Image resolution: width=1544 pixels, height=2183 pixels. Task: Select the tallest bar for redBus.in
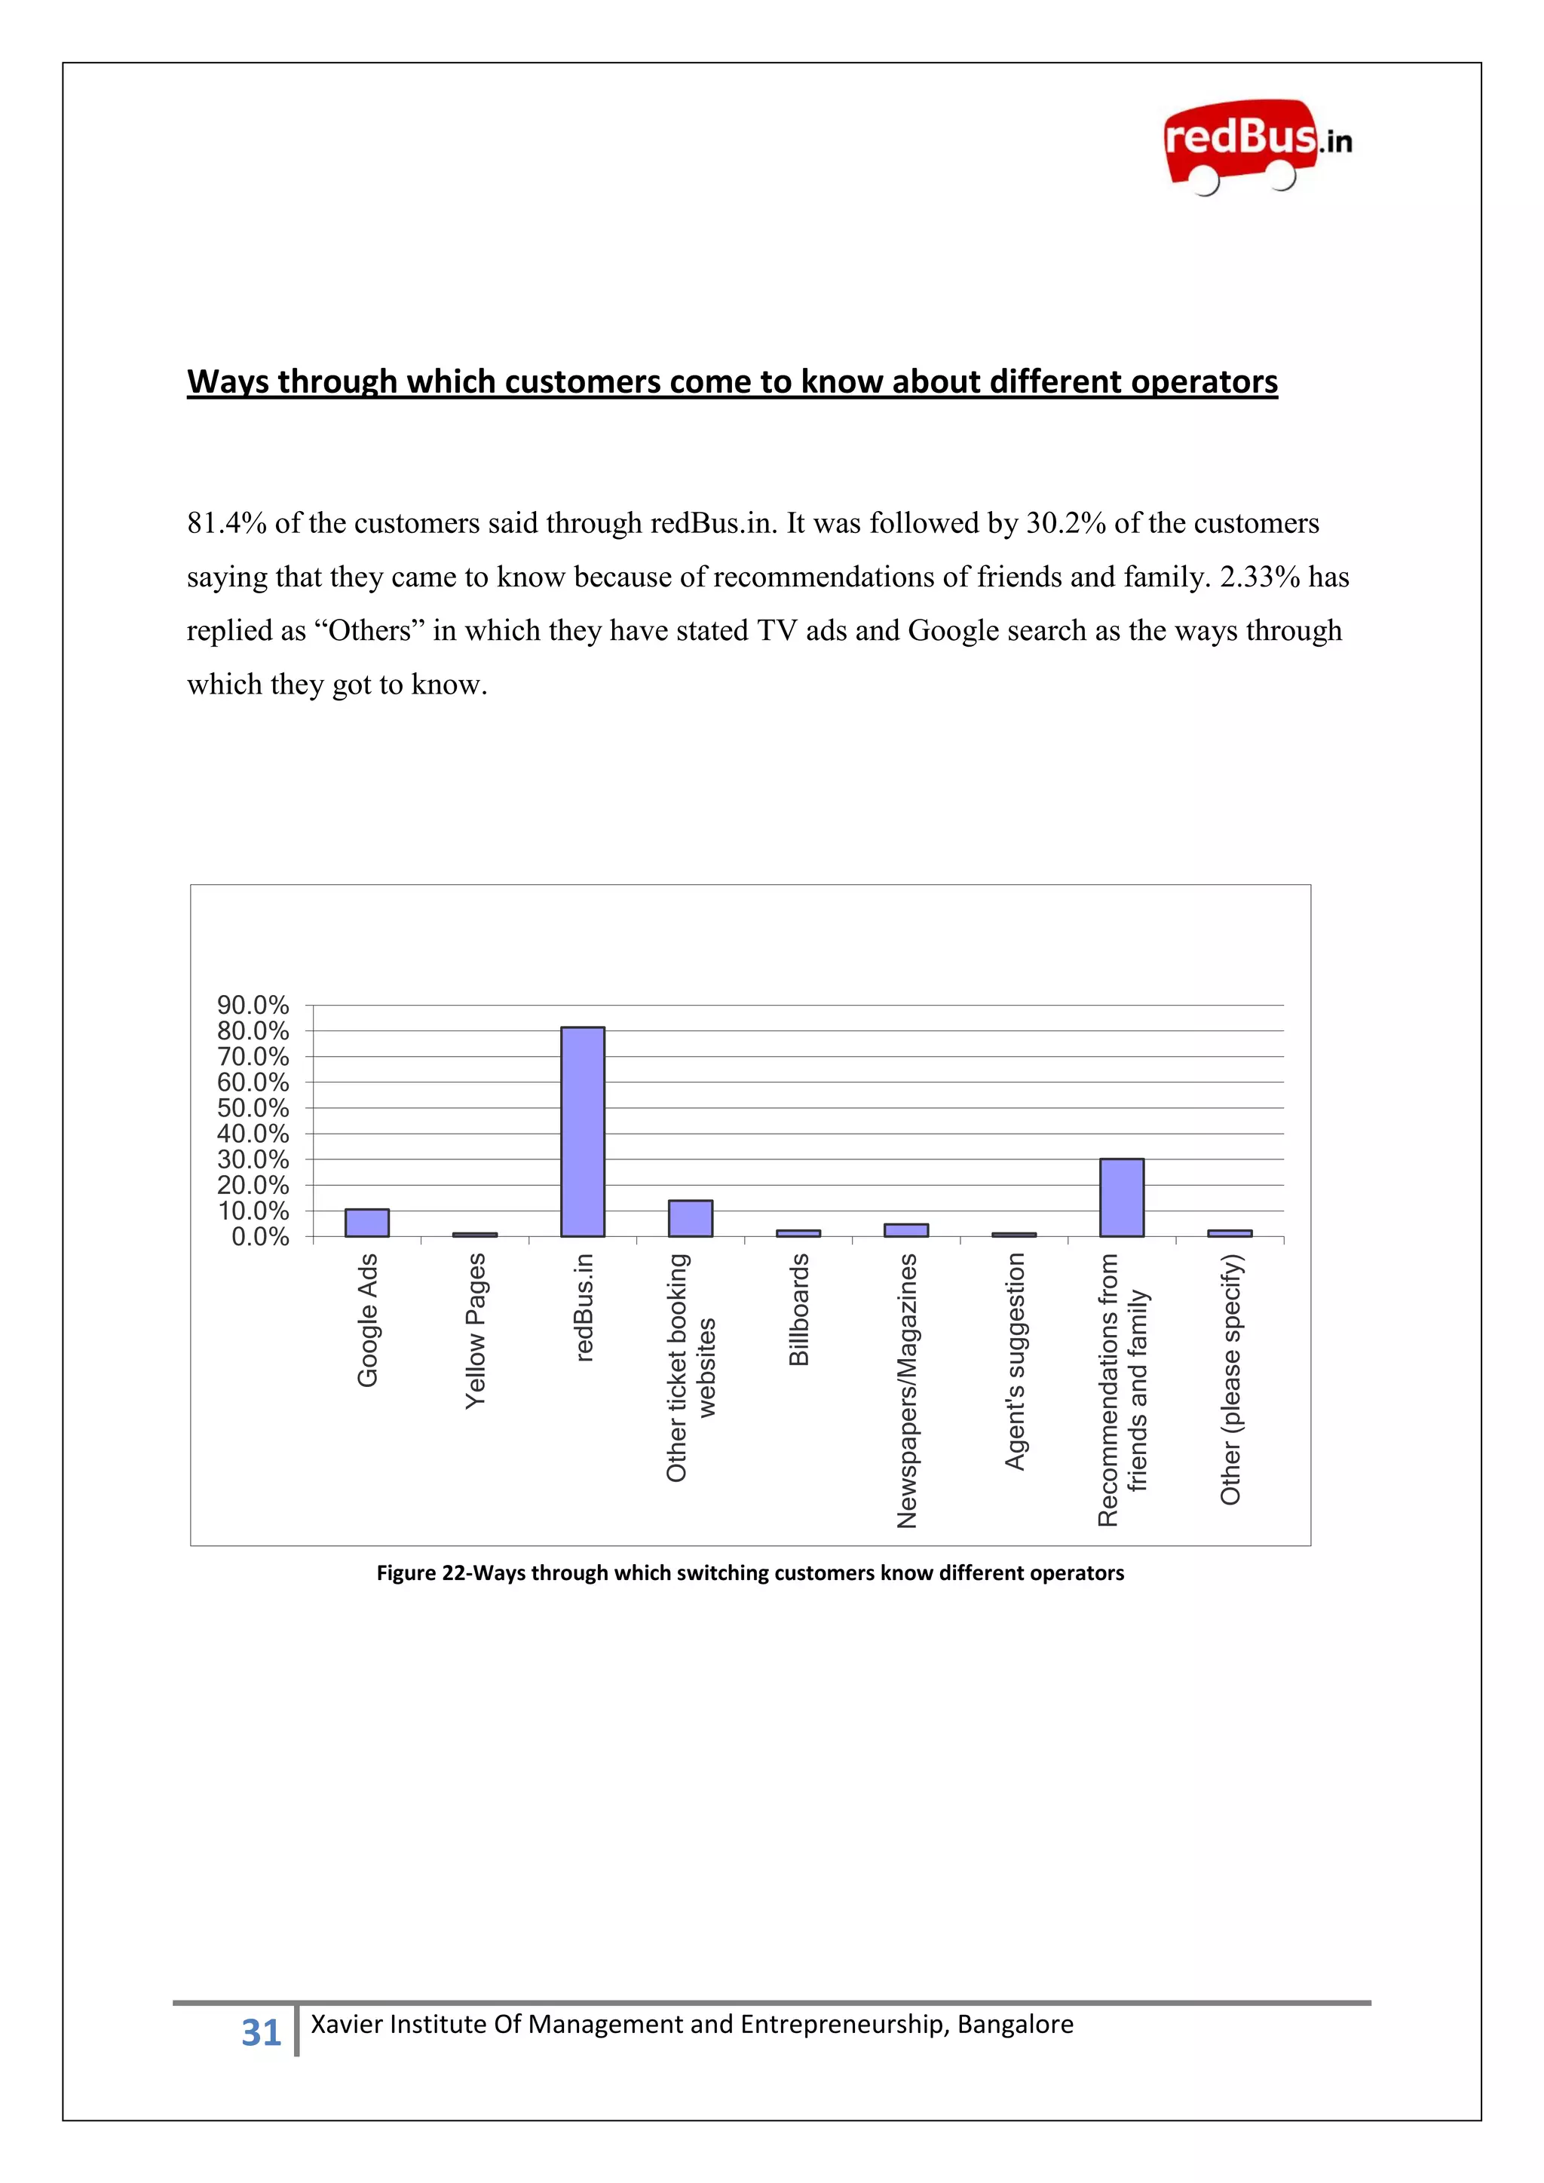582,1131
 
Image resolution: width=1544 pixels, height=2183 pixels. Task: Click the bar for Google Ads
367,1223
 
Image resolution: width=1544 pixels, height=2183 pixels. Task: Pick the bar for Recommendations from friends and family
1121,1197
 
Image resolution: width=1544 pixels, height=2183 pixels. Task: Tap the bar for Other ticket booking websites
691,1218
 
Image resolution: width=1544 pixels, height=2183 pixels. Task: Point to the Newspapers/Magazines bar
906,1229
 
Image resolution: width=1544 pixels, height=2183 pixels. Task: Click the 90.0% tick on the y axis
253,1005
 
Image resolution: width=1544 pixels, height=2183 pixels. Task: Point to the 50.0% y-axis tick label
253,1107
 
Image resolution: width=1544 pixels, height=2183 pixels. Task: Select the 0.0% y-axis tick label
259,1237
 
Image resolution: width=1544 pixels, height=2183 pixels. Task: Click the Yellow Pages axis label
476,1330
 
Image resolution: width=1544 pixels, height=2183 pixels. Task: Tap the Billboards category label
798,1309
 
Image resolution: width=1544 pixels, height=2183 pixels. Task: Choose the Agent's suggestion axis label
1015,1361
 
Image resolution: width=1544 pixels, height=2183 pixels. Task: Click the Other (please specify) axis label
1230,1379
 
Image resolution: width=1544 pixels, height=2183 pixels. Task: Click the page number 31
261,2033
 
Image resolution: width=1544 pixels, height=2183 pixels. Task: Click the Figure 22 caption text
750,1572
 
